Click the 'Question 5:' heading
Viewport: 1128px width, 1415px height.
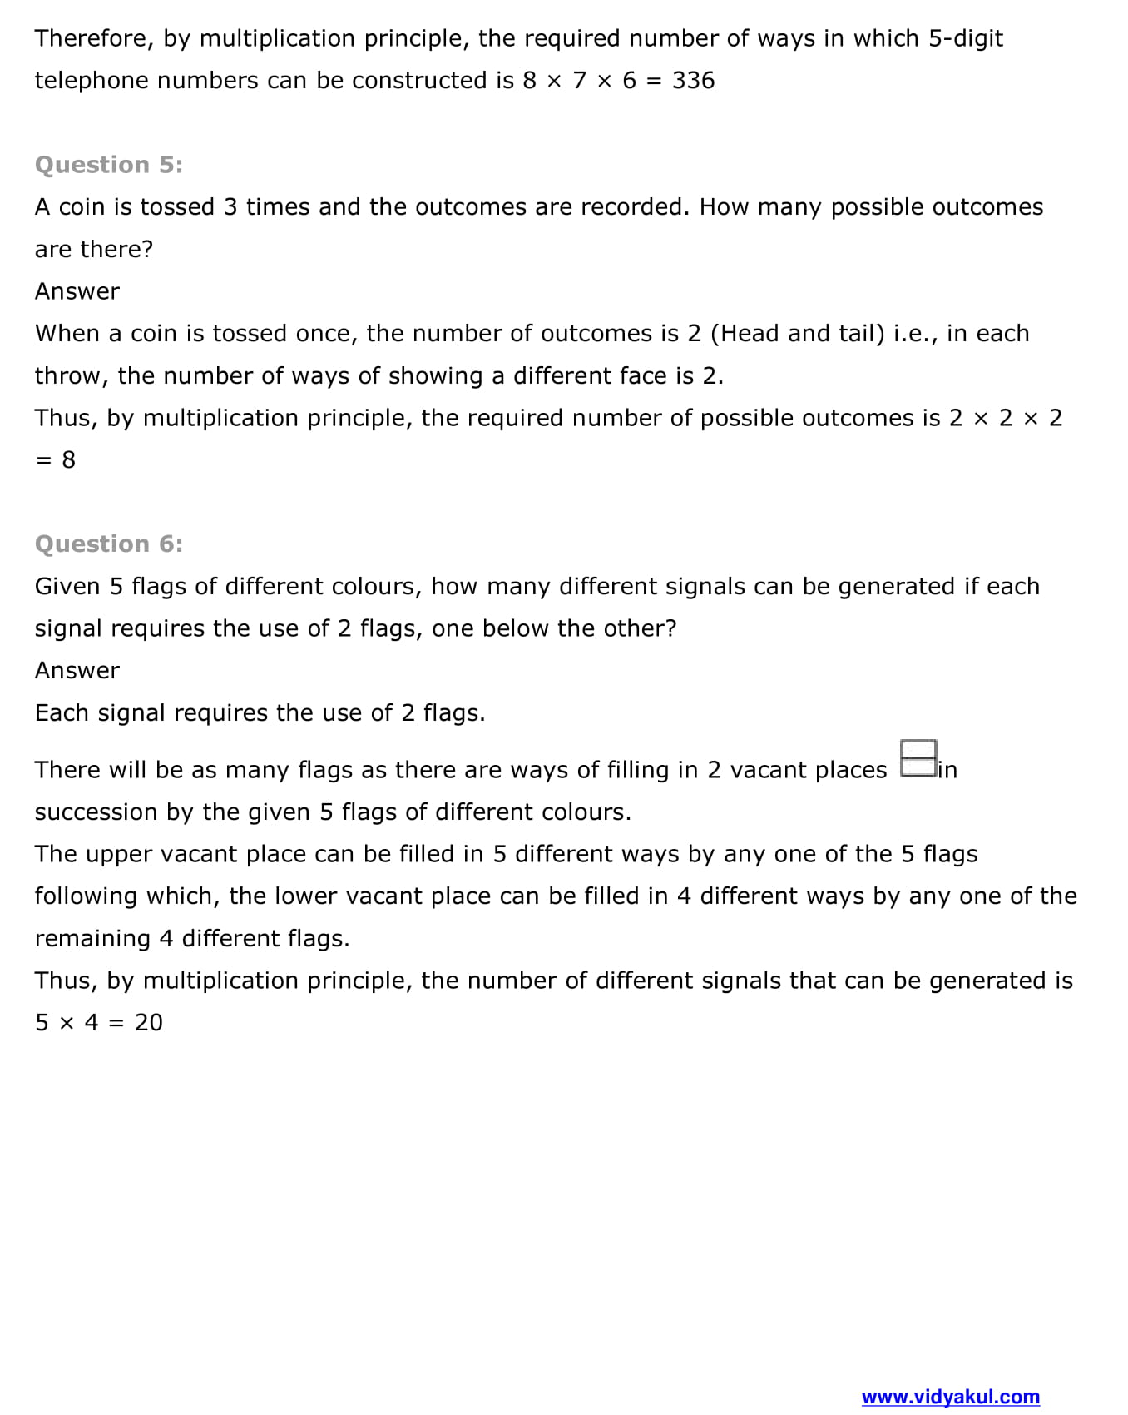(109, 165)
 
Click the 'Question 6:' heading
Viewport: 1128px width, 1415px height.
(109, 544)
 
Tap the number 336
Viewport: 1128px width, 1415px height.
(693, 81)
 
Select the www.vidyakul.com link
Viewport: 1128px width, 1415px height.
(950, 1397)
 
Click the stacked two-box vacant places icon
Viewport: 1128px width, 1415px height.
(918, 758)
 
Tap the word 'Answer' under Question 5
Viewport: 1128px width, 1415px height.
(77, 291)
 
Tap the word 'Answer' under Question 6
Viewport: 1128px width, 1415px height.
(77, 670)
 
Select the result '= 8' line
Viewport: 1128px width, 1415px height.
(56, 459)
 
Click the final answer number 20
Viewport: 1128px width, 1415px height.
(149, 1022)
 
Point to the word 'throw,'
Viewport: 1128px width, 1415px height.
(72, 375)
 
